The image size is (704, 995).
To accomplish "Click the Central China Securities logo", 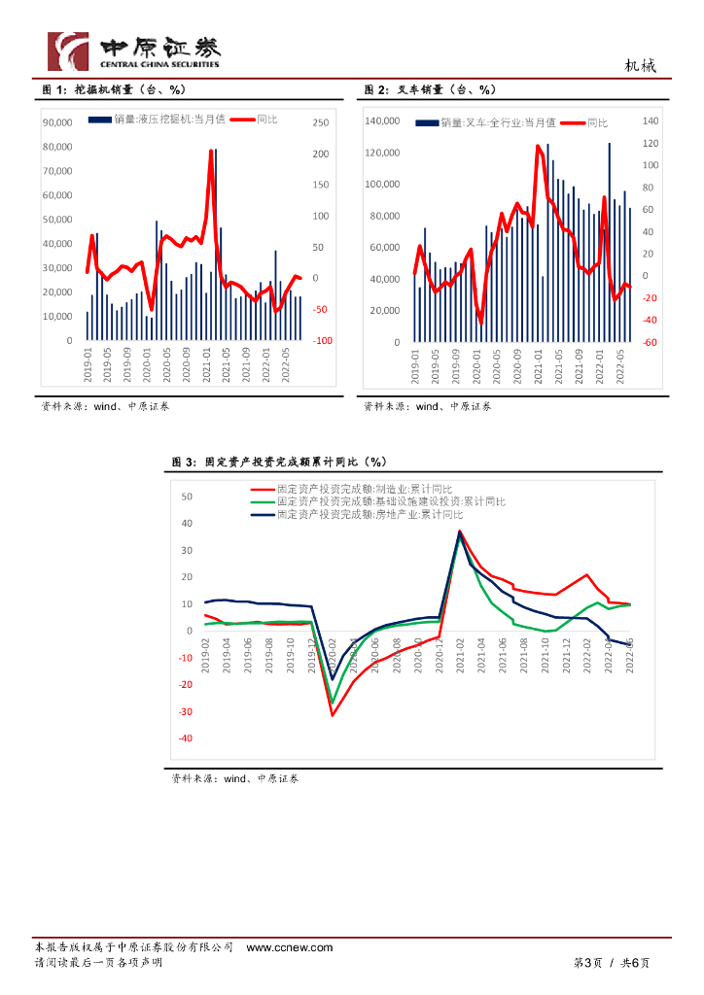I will (134, 51).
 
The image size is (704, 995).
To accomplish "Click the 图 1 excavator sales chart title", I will (114, 90).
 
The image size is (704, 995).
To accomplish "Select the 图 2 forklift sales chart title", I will (430, 90).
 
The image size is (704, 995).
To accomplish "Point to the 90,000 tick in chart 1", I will (57, 122).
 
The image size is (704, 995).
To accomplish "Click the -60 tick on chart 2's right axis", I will (651, 342).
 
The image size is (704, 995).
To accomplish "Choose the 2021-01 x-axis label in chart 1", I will (206, 365).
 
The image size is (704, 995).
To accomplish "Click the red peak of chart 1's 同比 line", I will (211, 152).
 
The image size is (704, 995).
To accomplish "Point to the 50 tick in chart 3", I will (188, 497).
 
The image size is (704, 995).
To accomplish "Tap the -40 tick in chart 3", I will (185, 738).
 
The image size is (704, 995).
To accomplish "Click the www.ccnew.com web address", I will (289, 947).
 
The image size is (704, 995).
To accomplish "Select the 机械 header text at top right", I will (640, 66).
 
